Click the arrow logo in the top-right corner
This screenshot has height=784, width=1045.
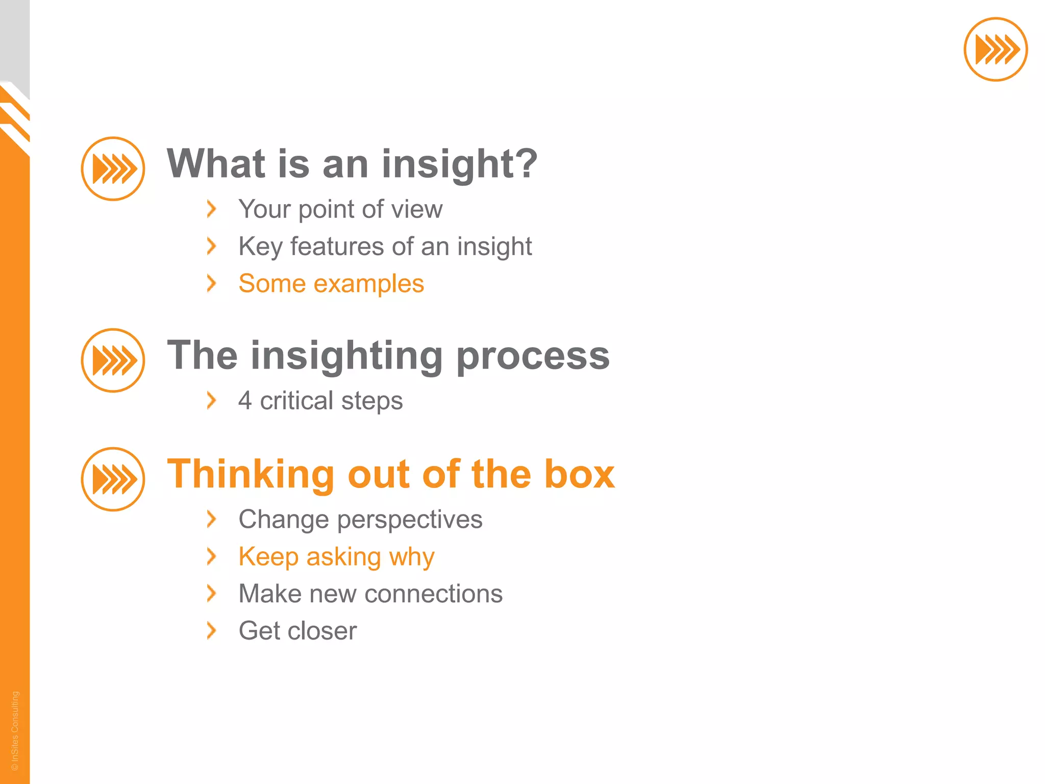click(x=996, y=50)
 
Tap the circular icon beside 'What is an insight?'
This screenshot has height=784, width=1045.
click(x=113, y=169)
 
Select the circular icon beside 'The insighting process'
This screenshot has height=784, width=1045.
click(x=113, y=360)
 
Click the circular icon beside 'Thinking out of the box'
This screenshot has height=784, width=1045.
click(x=113, y=479)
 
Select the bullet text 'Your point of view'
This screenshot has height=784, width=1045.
click(x=340, y=209)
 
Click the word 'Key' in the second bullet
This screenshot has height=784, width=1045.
click(x=260, y=247)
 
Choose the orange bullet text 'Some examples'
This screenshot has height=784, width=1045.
click(x=331, y=283)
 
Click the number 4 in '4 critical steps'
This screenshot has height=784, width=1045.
click(x=245, y=400)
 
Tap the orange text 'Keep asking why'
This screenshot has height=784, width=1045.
click(x=336, y=556)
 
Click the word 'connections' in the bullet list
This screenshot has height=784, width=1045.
click(x=433, y=594)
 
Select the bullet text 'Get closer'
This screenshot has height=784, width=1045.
click(x=297, y=631)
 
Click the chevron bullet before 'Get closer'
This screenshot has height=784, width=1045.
click(x=211, y=630)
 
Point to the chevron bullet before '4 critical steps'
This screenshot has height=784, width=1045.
click(x=211, y=400)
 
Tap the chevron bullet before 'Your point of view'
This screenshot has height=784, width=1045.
click(x=211, y=209)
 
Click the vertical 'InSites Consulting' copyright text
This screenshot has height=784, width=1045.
click(x=15, y=730)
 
